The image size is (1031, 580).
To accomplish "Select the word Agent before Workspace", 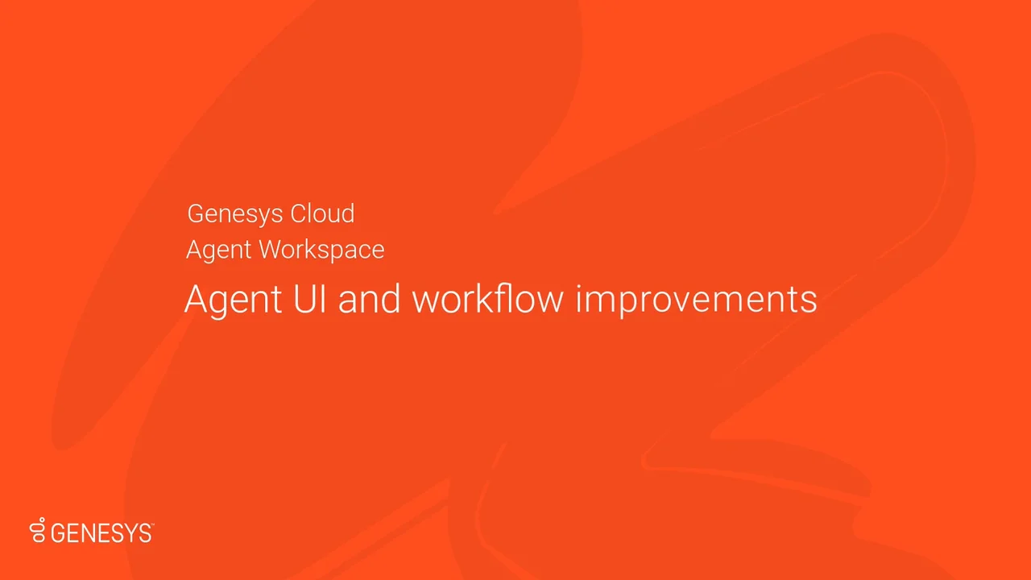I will click(x=219, y=251).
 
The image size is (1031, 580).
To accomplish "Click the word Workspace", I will click(x=322, y=251).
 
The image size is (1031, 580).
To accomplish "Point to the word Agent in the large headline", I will click(x=233, y=300).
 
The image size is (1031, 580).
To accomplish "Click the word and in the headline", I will click(x=369, y=299).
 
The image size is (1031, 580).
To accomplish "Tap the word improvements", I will click(x=696, y=300).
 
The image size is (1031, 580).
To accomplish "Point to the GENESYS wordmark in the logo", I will click(x=101, y=532).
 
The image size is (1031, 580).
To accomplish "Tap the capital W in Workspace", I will click(x=271, y=250).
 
